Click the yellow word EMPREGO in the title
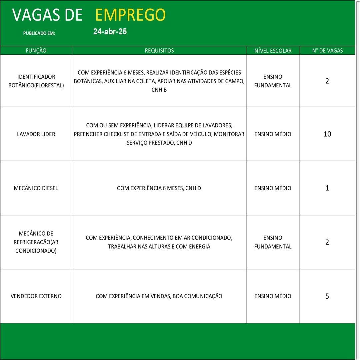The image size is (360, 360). pos(130,15)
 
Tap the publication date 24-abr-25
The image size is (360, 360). pos(110,32)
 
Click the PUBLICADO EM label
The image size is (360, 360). pos(39,33)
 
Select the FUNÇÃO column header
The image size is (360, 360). pos(36,51)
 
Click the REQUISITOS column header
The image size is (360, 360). pos(159,51)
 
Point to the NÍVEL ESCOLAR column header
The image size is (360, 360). pos(273,51)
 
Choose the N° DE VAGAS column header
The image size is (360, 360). pos(327,51)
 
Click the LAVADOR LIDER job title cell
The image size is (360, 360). pos(36,134)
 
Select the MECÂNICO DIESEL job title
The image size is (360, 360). pos(36,188)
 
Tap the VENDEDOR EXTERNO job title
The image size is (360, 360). pos(36,296)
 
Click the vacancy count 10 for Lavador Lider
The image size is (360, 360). pos(327,134)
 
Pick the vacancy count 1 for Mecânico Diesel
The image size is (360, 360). pos(327,188)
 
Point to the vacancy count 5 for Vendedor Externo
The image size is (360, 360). pos(327,296)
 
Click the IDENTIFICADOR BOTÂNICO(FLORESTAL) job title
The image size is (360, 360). pos(36,81)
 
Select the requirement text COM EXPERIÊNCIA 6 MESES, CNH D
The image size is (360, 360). pos(159,188)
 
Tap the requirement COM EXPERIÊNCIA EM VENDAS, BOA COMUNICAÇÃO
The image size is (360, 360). pos(159,296)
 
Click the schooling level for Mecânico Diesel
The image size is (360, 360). pos(273,188)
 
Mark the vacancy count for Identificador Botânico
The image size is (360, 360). pos(327,81)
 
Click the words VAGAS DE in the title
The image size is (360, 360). pos(47,15)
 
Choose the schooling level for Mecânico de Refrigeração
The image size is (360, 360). pos(273,242)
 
